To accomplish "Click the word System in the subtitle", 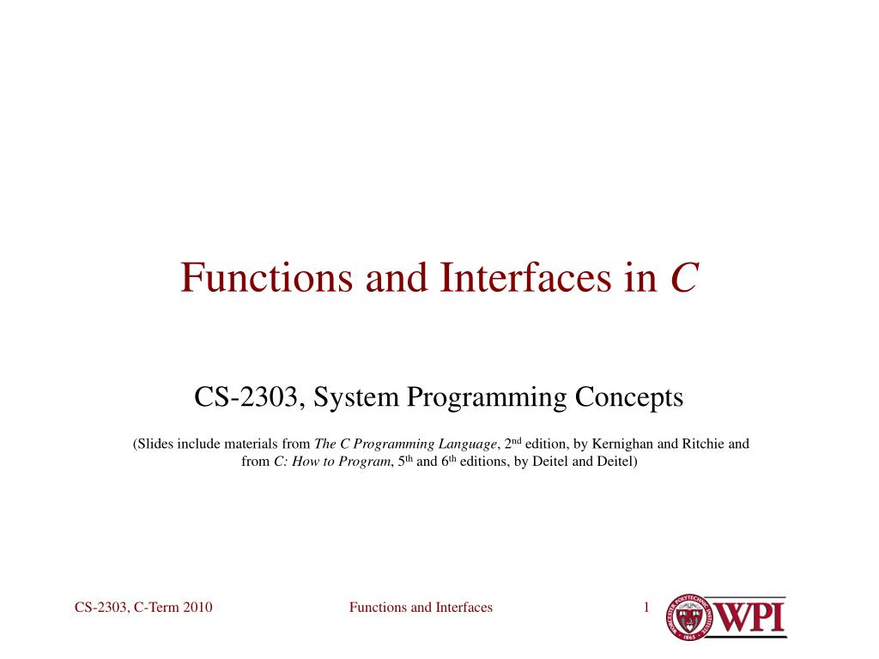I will click(359, 397).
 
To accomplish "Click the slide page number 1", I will click(646, 608).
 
